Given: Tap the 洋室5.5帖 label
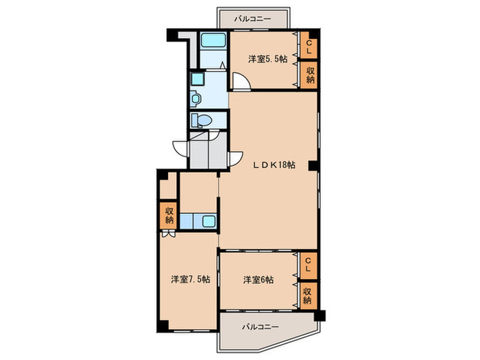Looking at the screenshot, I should (267, 60).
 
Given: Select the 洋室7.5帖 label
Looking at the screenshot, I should (190, 279).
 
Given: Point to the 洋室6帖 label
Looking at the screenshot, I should (259, 280).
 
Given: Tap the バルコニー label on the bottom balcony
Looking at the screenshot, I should (260, 327).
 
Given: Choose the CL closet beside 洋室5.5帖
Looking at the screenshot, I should (309, 47).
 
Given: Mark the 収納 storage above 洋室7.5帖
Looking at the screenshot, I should (168, 216).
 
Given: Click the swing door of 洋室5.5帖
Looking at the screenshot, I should (241, 82).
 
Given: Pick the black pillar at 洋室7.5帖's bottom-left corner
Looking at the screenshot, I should (159, 325).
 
